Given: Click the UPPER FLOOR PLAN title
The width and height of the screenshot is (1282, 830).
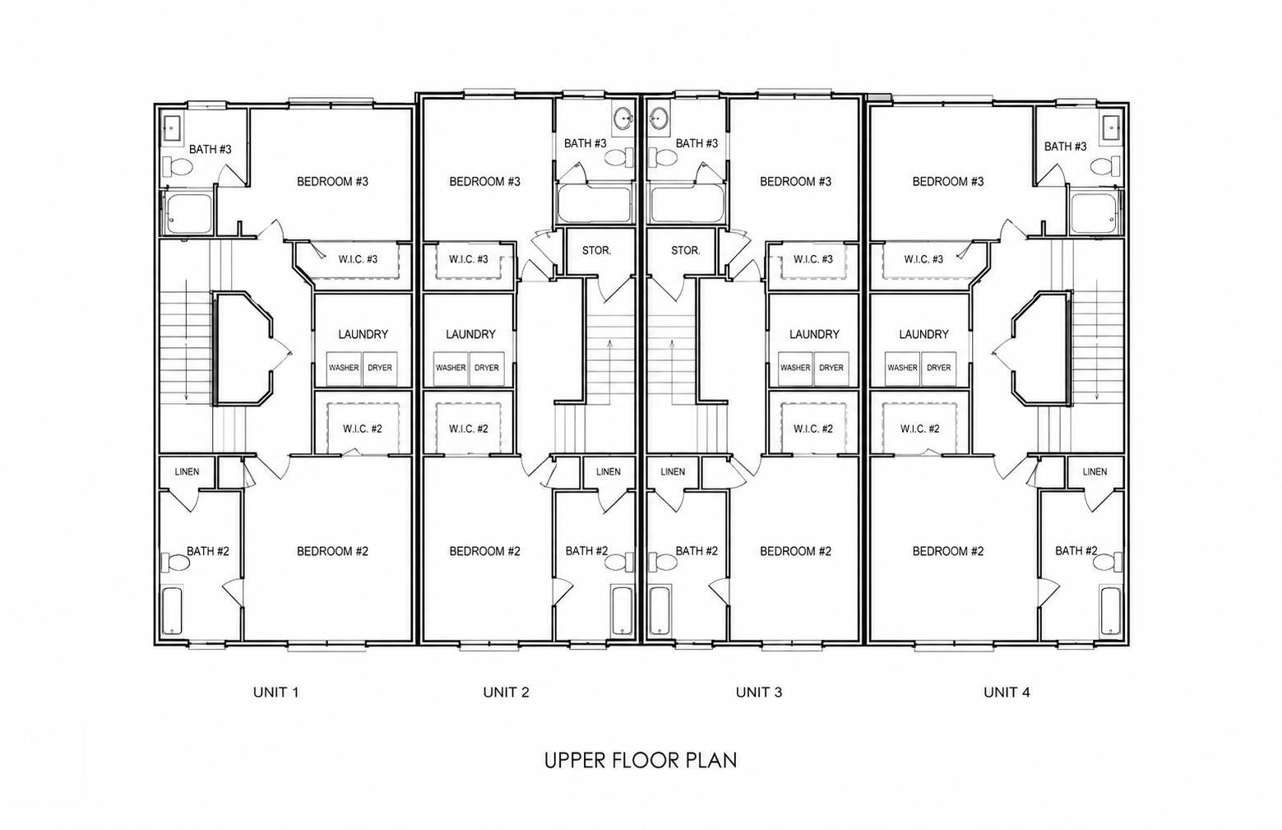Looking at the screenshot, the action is [x=641, y=760].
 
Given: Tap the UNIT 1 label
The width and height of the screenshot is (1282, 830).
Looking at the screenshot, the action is [x=275, y=692].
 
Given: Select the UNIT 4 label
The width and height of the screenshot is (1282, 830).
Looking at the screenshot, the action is [x=1007, y=692].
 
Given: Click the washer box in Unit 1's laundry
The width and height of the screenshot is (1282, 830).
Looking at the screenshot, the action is [x=344, y=368].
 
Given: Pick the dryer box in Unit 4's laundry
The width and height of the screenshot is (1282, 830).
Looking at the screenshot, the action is [x=938, y=368].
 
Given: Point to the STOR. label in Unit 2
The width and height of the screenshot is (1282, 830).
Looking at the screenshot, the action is [x=596, y=251].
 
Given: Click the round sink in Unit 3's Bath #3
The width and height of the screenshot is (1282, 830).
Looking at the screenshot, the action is [x=660, y=119].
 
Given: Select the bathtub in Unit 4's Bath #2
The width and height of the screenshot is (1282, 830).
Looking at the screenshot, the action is [x=1111, y=610].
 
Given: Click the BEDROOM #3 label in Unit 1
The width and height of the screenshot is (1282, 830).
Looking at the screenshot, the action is [x=332, y=182].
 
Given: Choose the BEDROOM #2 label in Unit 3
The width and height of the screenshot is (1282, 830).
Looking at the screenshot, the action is [x=795, y=551].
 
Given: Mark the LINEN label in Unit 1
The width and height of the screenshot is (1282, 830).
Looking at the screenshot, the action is [x=187, y=471].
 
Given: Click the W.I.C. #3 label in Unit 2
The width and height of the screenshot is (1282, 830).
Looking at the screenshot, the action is [x=468, y=259].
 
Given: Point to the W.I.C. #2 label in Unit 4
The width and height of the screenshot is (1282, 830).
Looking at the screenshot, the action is [x=919, y=429].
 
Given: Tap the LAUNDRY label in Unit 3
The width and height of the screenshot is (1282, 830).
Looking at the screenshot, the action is [x=814, y=334].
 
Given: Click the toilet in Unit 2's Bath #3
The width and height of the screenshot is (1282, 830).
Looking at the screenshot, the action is [x=619, y=156].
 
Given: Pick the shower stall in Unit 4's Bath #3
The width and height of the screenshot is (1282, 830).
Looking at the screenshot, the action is [x=1094, y=214].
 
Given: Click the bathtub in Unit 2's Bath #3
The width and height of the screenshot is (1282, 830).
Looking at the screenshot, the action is [x=594, y=203].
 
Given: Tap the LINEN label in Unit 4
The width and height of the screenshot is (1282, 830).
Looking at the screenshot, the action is [x=1095, y=471].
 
